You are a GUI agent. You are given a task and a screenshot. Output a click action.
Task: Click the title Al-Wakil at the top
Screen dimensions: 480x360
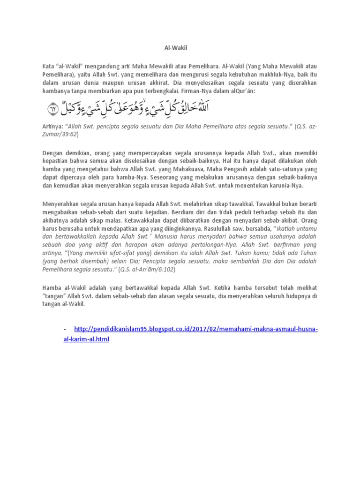180,47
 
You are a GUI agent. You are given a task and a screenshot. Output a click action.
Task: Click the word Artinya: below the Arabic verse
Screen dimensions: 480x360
53,127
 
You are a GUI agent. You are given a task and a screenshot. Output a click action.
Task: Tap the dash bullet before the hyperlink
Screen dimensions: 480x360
65,330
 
